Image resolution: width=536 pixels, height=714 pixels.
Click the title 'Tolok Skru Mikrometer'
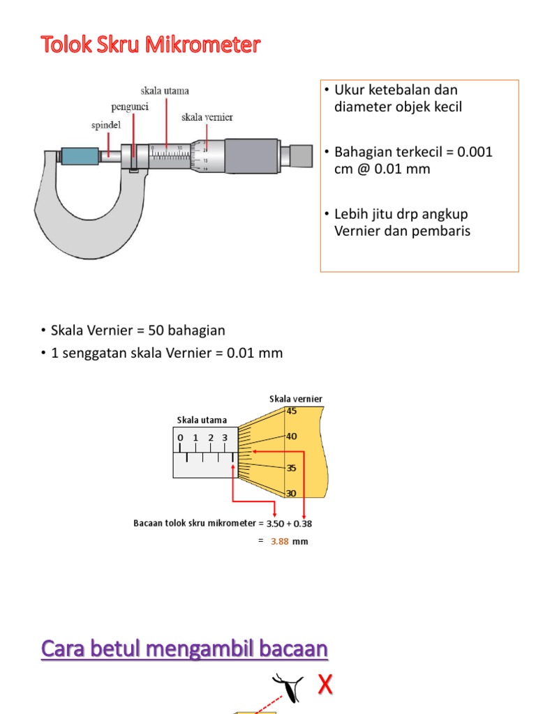tap(150, 45)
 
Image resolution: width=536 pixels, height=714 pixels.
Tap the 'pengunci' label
tap(129, 107)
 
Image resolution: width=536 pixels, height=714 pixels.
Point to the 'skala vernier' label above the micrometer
tap(207, 117)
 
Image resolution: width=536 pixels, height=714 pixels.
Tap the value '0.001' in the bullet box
tap(475, 152)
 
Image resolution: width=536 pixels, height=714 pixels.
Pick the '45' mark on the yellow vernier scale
tap(291, 411)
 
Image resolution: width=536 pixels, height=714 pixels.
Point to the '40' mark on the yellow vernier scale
tap(291, 436)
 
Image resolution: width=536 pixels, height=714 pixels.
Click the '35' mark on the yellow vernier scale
tap(291, 469)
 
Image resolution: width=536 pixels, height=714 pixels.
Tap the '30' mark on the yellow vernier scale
tap(291, 493)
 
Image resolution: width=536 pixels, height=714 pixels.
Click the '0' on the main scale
tap(180, 438)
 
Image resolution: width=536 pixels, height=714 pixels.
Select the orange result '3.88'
tap(279, 541)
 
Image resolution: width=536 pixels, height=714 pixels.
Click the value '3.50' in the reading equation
tap(276, 523)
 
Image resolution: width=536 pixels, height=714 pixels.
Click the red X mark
tap(325, 685)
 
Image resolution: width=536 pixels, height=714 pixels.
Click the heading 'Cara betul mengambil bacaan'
tap(184, 649)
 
